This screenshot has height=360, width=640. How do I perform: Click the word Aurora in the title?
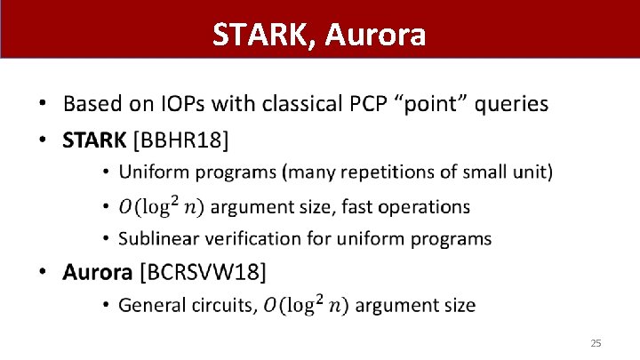(x=376, y=35)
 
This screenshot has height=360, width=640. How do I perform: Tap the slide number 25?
(x=596, y=343)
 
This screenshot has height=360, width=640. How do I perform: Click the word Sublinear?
(x=156, y=238)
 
